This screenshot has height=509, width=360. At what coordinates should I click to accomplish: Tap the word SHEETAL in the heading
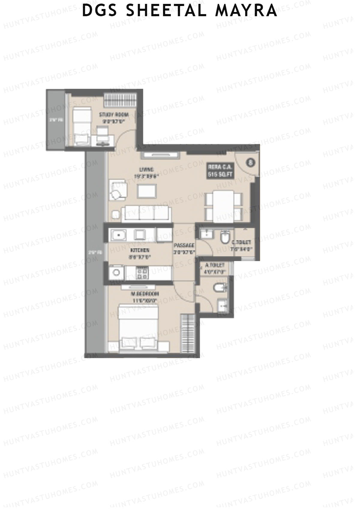166,10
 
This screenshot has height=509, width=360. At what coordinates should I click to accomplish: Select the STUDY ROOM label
114,115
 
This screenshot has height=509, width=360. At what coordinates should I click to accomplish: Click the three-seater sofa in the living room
146,213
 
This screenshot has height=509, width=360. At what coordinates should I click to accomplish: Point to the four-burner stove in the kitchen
142,272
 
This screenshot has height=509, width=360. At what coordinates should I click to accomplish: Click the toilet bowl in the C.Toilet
224,239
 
